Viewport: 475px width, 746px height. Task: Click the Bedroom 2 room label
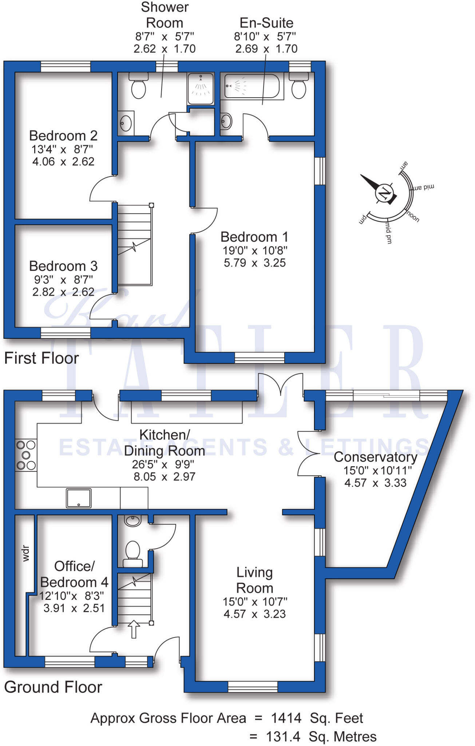tap(63, 136)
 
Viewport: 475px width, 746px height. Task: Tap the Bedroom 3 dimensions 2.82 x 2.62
tap(63, 292)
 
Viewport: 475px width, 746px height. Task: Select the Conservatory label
tap(375, 457)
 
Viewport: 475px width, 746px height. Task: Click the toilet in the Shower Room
tap(138, 87)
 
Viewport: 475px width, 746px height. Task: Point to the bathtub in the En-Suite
tap(252, 86)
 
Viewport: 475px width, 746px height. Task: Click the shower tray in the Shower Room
tap(200, 89)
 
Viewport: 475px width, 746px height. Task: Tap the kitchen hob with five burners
tap(26, 455)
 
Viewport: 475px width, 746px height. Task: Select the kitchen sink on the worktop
tap(79, 498)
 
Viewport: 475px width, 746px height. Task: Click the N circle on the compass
tap(384, 193)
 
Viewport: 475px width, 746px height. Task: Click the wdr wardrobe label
tap(25, 553)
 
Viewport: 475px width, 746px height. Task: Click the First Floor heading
tap(41, 358)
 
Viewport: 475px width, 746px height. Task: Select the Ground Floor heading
tap(53, 687)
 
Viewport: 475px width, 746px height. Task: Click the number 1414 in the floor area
tap(286, 718)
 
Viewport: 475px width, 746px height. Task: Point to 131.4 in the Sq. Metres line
tap(283, 737)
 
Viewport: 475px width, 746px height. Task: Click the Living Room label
tap(254, 580)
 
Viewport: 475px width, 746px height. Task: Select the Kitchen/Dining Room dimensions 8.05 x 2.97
tap(164, 476)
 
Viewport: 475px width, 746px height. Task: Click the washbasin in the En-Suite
tap(226, 121)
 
